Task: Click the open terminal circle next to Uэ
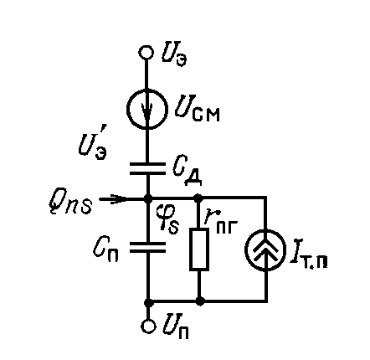(x=146, y=52)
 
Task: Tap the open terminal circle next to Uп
(x=148, y=327)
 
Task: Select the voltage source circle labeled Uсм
(x=147, y=109)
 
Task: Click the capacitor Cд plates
(x=147, y=169)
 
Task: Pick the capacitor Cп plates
(x=147, y=248)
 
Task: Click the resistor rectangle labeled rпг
(x=199, y=249)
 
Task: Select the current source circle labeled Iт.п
(x=265, y=249)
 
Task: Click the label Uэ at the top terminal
(x=174, y=56)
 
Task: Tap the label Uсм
(x=198, y=110)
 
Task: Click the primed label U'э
(x=92, y=147)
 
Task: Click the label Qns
(x=70, y=203)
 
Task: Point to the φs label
(x=167, y=219)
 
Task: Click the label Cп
(x=105, y=250)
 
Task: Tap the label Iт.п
(x=309, y=257)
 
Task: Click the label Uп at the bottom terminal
(x=175, y=326)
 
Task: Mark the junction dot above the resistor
(x=198, y=198)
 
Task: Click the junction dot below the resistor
(x=200, y=301)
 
